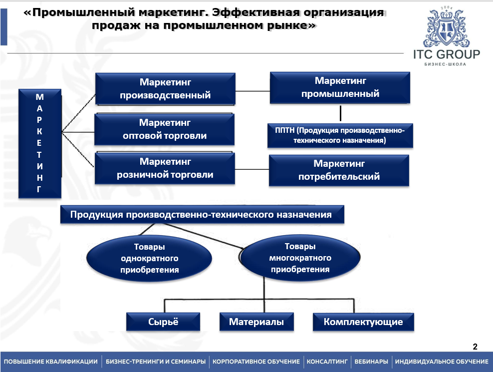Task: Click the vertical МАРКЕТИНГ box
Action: (39, 144)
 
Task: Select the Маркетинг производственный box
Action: (165, 89)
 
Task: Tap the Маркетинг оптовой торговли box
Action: (165, 129)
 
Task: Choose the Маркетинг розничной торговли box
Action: (165, 169)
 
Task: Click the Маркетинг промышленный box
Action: (340, 88)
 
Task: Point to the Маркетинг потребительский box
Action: (339, 170)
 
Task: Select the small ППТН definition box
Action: (340, 135)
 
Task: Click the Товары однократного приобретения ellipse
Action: (149, 259)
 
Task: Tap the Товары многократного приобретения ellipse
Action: (299, 258)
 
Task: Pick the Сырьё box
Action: (163, 322)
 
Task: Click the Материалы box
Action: (256, 322)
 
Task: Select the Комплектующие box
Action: (363, 322)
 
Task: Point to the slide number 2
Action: (475, 347)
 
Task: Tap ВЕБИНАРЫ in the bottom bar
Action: (370, 362)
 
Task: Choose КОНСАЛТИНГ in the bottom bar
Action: (327, 362)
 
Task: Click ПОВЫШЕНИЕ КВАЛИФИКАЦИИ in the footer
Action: (51, 362)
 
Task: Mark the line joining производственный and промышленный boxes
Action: (252, 91)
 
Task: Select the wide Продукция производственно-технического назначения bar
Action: (202, 215)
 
